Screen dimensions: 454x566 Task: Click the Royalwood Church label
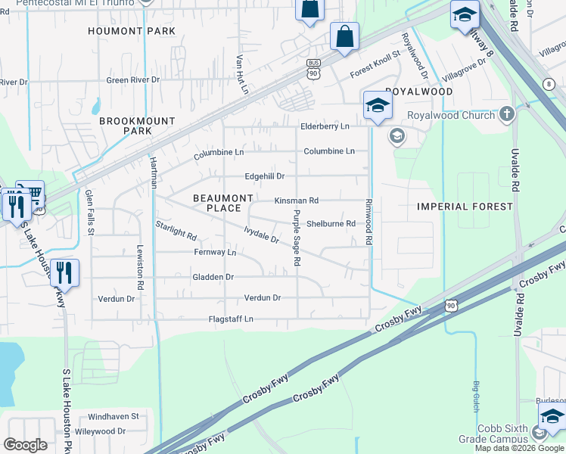pyautogui.click(x=451, y=116)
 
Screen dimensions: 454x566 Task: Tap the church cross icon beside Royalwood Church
pyautogui.click(x=506, y=116)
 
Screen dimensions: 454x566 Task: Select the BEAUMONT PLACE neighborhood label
pyautogui.click(x=223, y=203)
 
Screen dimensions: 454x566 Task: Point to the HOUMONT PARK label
pyautogui.click(x=132, y=31)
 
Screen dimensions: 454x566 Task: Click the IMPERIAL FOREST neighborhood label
pyautogui.click(x=465, y=206)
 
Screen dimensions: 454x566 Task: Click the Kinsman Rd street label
pyautogui.click(x=296, y=201)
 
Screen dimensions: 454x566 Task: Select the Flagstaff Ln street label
pyautogui.click(x=231, y=320)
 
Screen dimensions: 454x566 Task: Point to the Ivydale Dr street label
pyautogui.click(x=262, y=235)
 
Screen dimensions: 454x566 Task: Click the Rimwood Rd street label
pyautogui.click(x=369, y=221)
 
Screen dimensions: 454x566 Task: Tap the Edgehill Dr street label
pyautogui.click(x=264, y=176)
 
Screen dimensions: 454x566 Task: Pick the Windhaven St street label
pyautogui.click(x=114, y=416)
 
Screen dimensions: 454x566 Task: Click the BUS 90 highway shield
pyautogui.click(x=313, y=69)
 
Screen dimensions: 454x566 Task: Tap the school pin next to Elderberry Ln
pyautogui.click(x=377, y=106)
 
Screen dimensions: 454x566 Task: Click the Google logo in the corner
pyautogui.click(x=25, y=445)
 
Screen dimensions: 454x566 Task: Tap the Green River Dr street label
pyautogui.click(x=133, y=79)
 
